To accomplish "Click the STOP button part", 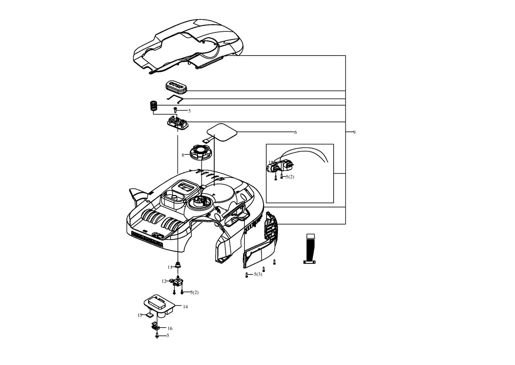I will [176, 86].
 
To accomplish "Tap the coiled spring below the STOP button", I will [153, 106].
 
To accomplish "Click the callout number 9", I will [354, 132].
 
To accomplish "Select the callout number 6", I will [295, 132].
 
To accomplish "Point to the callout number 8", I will [183, 155].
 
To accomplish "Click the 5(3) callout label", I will [258, 274].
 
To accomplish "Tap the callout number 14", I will [185, 307].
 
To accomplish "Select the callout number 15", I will [140, 315].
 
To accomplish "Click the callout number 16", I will [170, 328].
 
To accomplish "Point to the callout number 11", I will [170, 267].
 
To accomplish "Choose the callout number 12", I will [164, 281].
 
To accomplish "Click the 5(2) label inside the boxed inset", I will [290, 177].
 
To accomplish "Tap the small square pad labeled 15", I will [149, 315].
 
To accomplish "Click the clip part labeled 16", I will [155, 326].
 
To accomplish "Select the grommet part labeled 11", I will [177, 265].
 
